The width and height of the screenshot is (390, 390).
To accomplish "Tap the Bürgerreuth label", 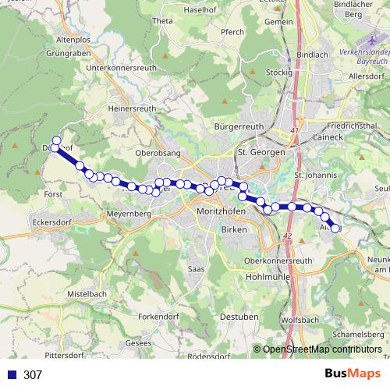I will coord(235,126).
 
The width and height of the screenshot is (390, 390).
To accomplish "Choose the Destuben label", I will coord(239,317).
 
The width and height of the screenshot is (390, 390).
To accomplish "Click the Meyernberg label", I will coord(126,212).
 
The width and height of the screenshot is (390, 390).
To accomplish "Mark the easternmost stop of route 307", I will coord(336,229).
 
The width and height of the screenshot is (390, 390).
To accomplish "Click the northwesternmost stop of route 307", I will coord(56,140).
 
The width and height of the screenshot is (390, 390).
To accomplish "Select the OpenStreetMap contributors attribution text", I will coord(321,350).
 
